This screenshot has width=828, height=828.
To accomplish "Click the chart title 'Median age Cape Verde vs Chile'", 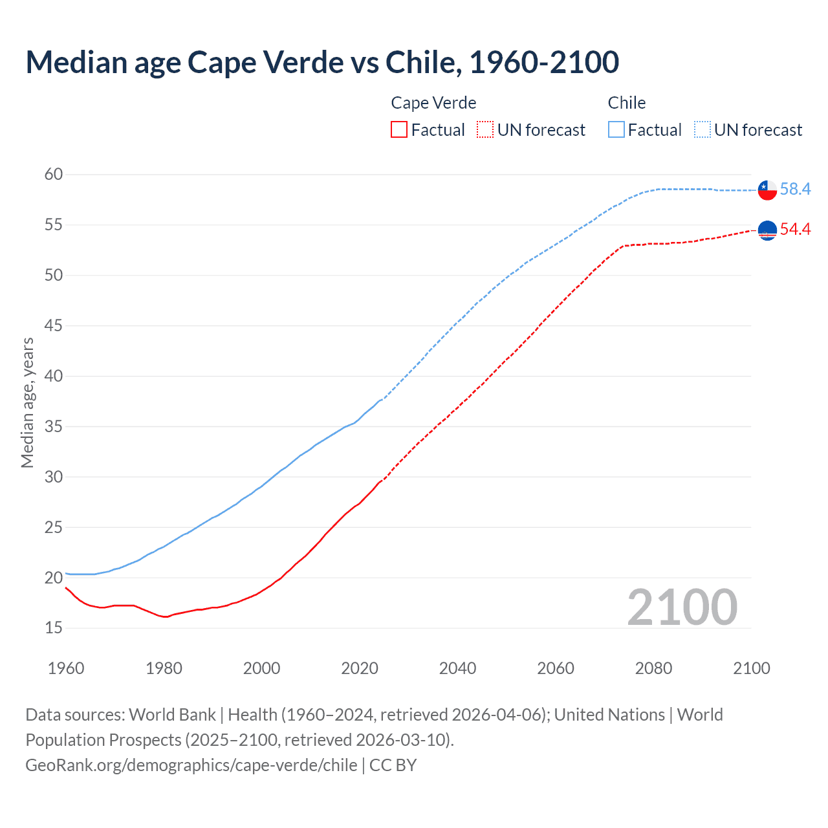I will coord(322,62).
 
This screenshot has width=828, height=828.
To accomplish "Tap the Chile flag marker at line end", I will coord(767,190).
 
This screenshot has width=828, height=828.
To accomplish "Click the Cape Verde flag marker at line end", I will coord(767,230).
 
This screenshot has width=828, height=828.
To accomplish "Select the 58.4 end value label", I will coord(795,189).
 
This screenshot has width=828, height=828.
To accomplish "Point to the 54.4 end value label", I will coord(795,229).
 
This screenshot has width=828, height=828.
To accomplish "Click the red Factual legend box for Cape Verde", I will coord(399,130).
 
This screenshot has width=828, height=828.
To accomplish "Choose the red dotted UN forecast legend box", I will coord(485,130).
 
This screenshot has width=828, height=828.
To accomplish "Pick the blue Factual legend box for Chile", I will coord(616,130).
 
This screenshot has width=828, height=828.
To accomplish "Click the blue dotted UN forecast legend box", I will coord(703,130).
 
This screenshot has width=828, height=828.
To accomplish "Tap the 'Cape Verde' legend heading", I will coord(433,103).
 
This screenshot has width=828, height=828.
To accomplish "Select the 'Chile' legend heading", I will coord(626,103).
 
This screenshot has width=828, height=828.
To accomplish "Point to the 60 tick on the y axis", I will coord(54,174).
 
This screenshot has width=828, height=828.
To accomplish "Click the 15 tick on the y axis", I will coord(54,627).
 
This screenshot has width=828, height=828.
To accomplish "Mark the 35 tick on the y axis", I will coord(54,426).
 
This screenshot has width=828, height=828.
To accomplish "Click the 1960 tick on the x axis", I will coord(66,668).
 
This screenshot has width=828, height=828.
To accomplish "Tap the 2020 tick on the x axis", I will coord(360,668).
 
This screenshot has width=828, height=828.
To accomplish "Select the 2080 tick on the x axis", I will coord(653,668).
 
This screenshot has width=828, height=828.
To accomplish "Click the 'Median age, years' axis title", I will coord(27,402).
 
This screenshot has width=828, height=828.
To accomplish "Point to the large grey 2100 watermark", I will coord(682,607).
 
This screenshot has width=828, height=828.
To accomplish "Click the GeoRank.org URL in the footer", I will coord(191,765).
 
